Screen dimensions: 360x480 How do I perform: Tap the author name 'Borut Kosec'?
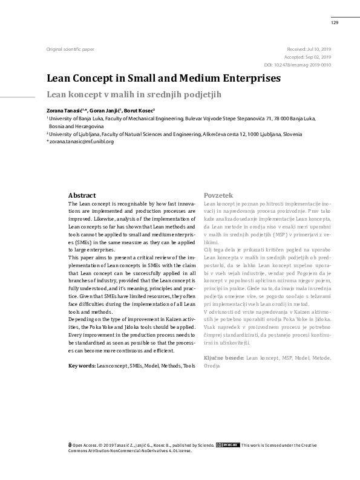click(139, 111)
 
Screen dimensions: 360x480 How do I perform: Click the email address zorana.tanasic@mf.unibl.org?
click(81, 141)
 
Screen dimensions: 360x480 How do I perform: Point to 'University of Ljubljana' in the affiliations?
click(76, 134)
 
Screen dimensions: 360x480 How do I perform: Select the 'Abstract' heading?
click(82, 196)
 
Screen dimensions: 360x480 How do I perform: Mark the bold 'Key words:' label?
click(82, 366)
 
